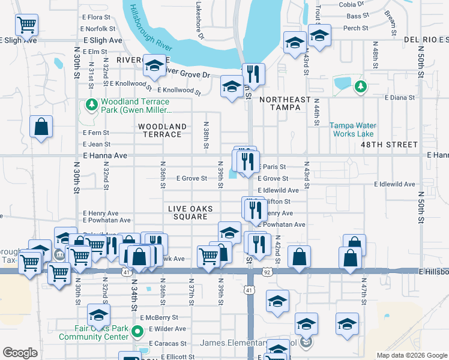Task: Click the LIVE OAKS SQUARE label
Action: point(191,212)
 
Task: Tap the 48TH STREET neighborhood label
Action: point(388,145)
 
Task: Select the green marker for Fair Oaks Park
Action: point(137,331)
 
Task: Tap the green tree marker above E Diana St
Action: point(360,87)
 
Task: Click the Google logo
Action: point(20,353)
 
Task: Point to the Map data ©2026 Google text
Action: point(412,355)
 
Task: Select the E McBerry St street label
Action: point(159,317)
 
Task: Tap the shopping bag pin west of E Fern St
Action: point(40,127)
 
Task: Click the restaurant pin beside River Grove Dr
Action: point(253,74)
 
